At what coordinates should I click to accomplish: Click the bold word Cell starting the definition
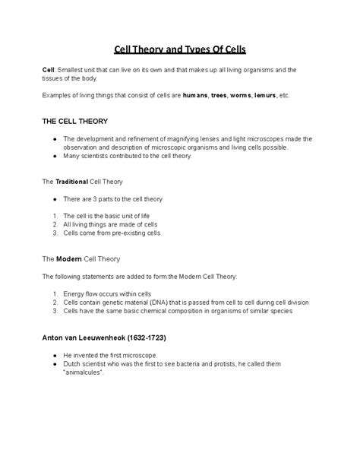click(x=48, y=70)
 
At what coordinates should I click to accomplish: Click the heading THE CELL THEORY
click(x=74, y=121)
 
